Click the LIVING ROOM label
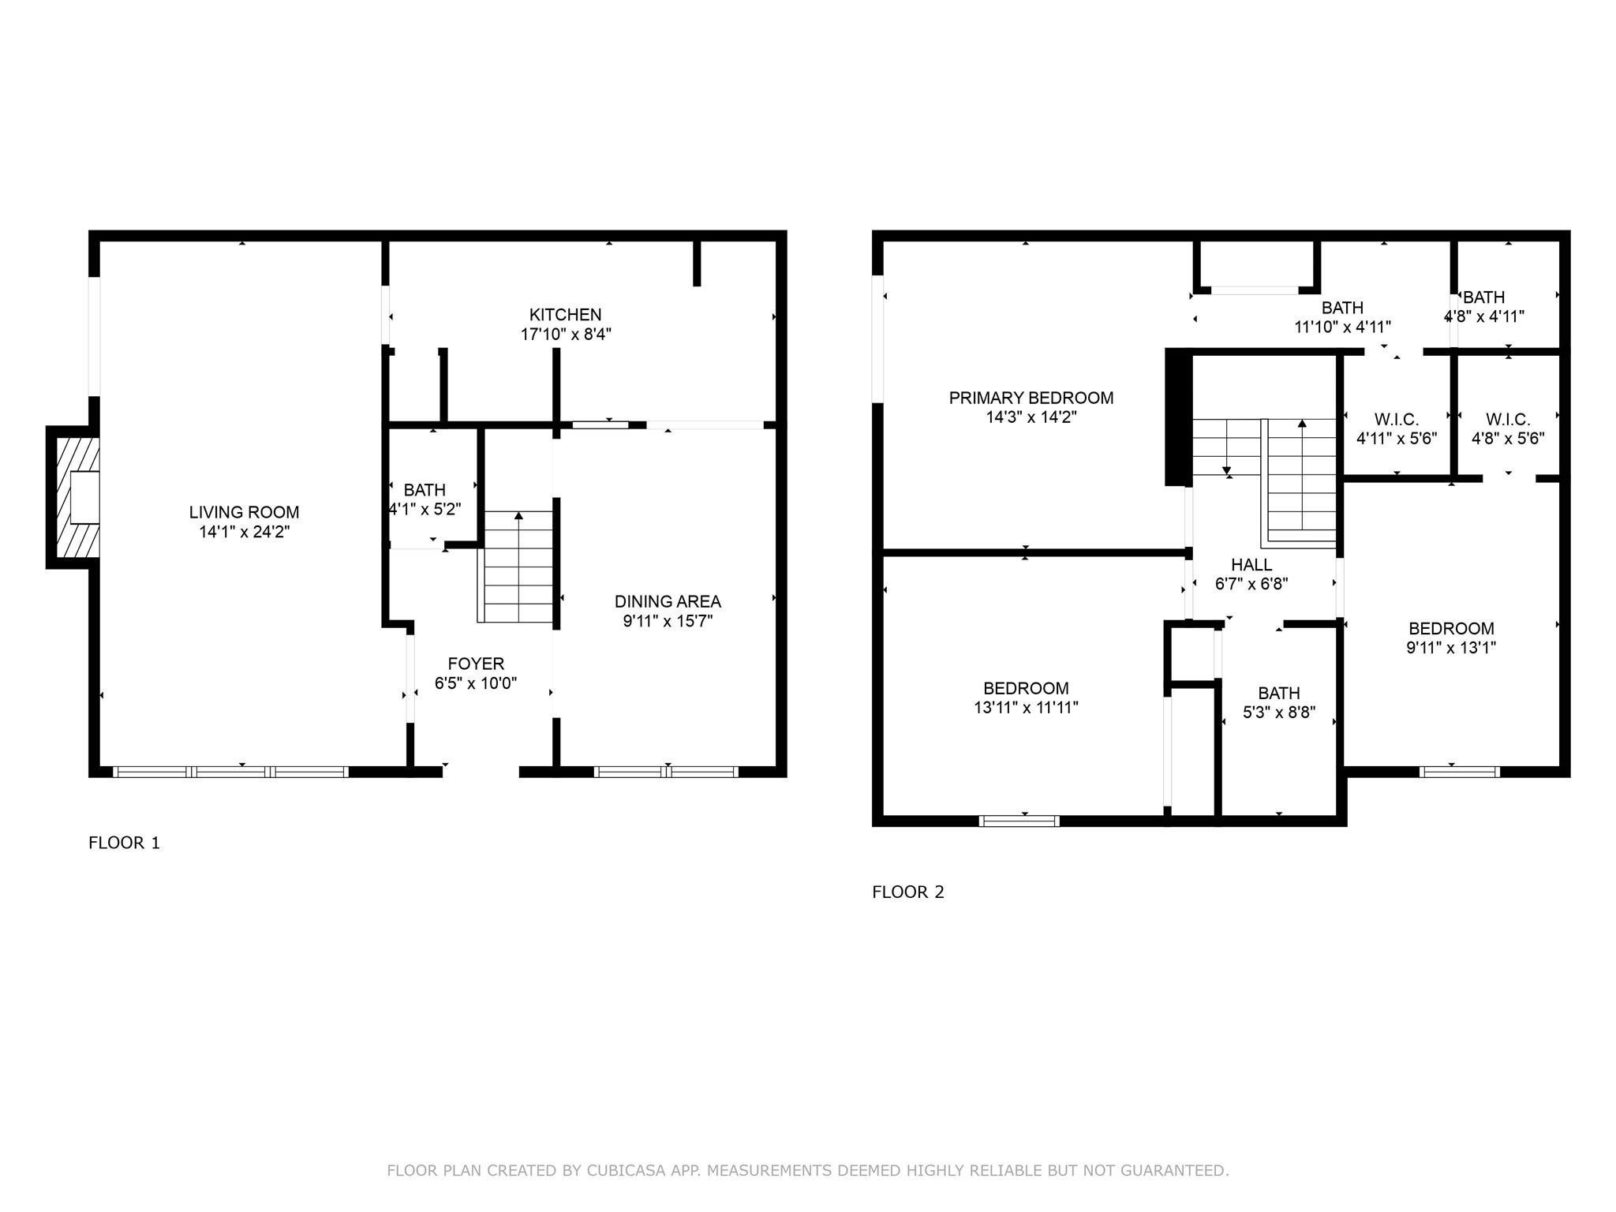click(x=244, y=512)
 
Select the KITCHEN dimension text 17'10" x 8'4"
click(x=566, y=334)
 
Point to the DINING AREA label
click(x=668, y=601)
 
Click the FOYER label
click(x=475, y=664)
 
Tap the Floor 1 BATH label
click(x=425, y=490)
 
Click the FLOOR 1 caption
click(x=124, y=843)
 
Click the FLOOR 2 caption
click(x=907, y=892)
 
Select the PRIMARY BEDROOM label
click(x=1031, y=398)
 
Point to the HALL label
click(x=1251, y=565)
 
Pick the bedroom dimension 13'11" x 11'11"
click(x=1026, y=708)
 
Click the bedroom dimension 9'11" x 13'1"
click(x=1451, y=648)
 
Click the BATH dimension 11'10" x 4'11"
click(x=1342, y=327)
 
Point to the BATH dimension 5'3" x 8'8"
click(x=1278, y=713)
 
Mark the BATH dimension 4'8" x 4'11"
click(x=1483, y=316)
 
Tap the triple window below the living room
click(x=230, y=772)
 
